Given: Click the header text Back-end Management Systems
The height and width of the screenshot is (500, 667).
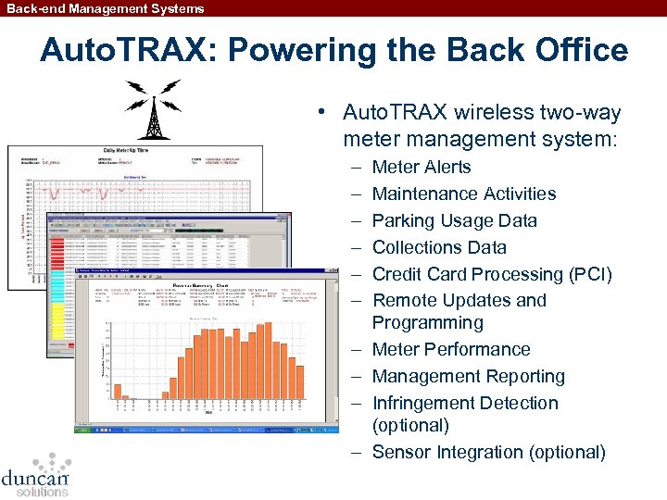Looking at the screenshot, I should point(103,8).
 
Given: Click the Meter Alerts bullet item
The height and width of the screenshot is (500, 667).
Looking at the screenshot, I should point(421,168).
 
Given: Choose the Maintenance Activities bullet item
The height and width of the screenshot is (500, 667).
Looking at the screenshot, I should point(463,194).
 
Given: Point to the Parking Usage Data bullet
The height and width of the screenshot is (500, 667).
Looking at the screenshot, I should point(454,221).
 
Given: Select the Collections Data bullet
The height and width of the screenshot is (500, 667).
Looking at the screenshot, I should point(439,248).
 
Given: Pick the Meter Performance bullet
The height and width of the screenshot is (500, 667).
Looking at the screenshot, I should point(450,350).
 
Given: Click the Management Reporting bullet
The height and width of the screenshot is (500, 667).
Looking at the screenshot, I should point(468,377).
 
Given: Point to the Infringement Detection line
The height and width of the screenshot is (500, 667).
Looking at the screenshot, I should point(464,404).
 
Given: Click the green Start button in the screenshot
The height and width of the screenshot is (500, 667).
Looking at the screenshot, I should point(84,429).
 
